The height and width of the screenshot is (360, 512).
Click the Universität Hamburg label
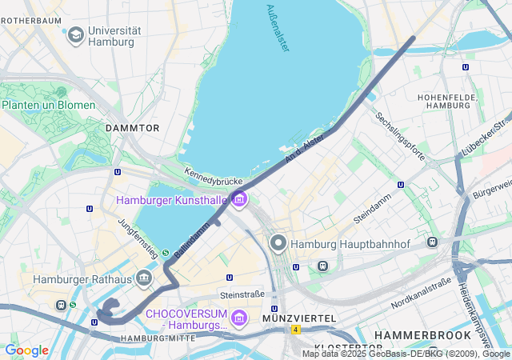tap(114, 36)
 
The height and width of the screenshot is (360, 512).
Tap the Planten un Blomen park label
tap(48, 105)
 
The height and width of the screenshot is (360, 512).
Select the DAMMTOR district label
tap(133, 128)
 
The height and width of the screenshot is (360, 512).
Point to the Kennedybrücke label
tap(213, 178)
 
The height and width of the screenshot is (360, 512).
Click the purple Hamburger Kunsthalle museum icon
tap(238, 199)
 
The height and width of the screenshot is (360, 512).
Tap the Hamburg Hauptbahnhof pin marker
tap(278, 243)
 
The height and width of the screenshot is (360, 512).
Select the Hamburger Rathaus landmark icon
tap(144, 279)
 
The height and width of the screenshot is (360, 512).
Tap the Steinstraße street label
tap(242, 294)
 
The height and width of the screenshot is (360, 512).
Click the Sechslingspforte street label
tap(400, 135)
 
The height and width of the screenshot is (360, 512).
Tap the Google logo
tap(26, 350)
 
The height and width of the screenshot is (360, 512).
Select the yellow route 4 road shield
tap(295, 329)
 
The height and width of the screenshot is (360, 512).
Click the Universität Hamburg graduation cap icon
tap(75, 34)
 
